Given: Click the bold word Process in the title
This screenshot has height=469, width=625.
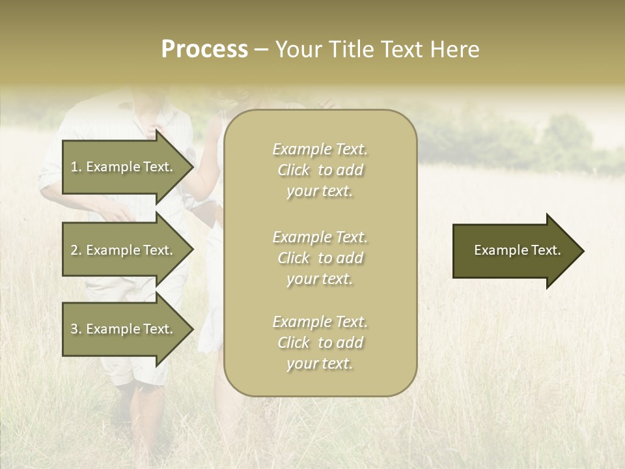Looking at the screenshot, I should coord(204,50).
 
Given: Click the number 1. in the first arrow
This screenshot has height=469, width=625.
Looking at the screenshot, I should coord(76,167).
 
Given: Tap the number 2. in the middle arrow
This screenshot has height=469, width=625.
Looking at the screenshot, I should coord(76,250).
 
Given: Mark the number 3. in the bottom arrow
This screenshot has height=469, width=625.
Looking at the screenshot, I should coord(76,329).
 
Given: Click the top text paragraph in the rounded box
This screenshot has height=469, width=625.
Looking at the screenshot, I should coord(320,170).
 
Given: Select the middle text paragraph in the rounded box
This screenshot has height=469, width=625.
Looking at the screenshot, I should coord(320,258).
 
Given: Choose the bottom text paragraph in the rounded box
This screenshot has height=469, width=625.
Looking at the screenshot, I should coord(320,343).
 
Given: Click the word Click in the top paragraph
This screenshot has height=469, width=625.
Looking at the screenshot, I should coord(294,170).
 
